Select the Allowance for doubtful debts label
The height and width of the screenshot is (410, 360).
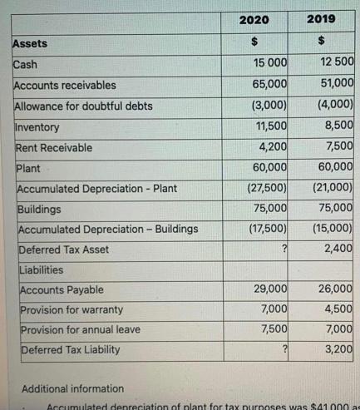point(84,106)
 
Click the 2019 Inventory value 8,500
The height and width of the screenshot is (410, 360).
point(339,126)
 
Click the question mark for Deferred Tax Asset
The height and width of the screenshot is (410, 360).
point(284,249)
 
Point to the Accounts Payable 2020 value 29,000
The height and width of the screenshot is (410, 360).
point(270,289)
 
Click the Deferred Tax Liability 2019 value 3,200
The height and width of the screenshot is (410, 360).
point(339,349)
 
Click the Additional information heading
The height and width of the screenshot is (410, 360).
point(72,388)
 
